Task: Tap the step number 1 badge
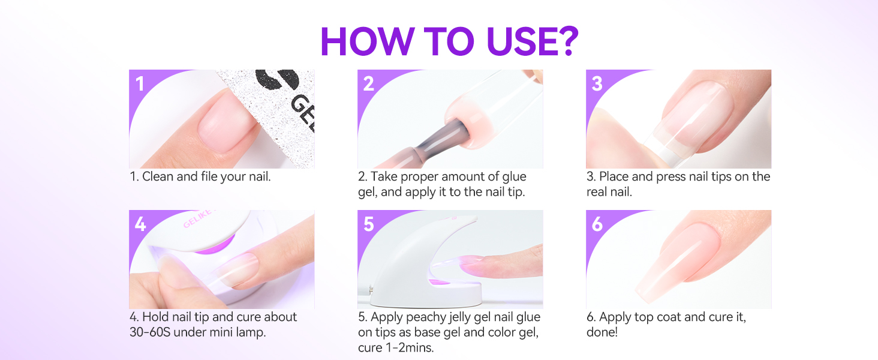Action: tap(140, 83)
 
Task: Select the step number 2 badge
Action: tap(368, 83)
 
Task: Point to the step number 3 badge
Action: tap(597, 83)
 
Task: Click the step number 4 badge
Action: tap(140, 224)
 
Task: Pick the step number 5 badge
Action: tap(368, 224)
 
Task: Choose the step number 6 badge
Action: tap(597, 224)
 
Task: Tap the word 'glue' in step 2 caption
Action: tap(512, 177)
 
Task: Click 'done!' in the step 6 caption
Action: tap(602, 332)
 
